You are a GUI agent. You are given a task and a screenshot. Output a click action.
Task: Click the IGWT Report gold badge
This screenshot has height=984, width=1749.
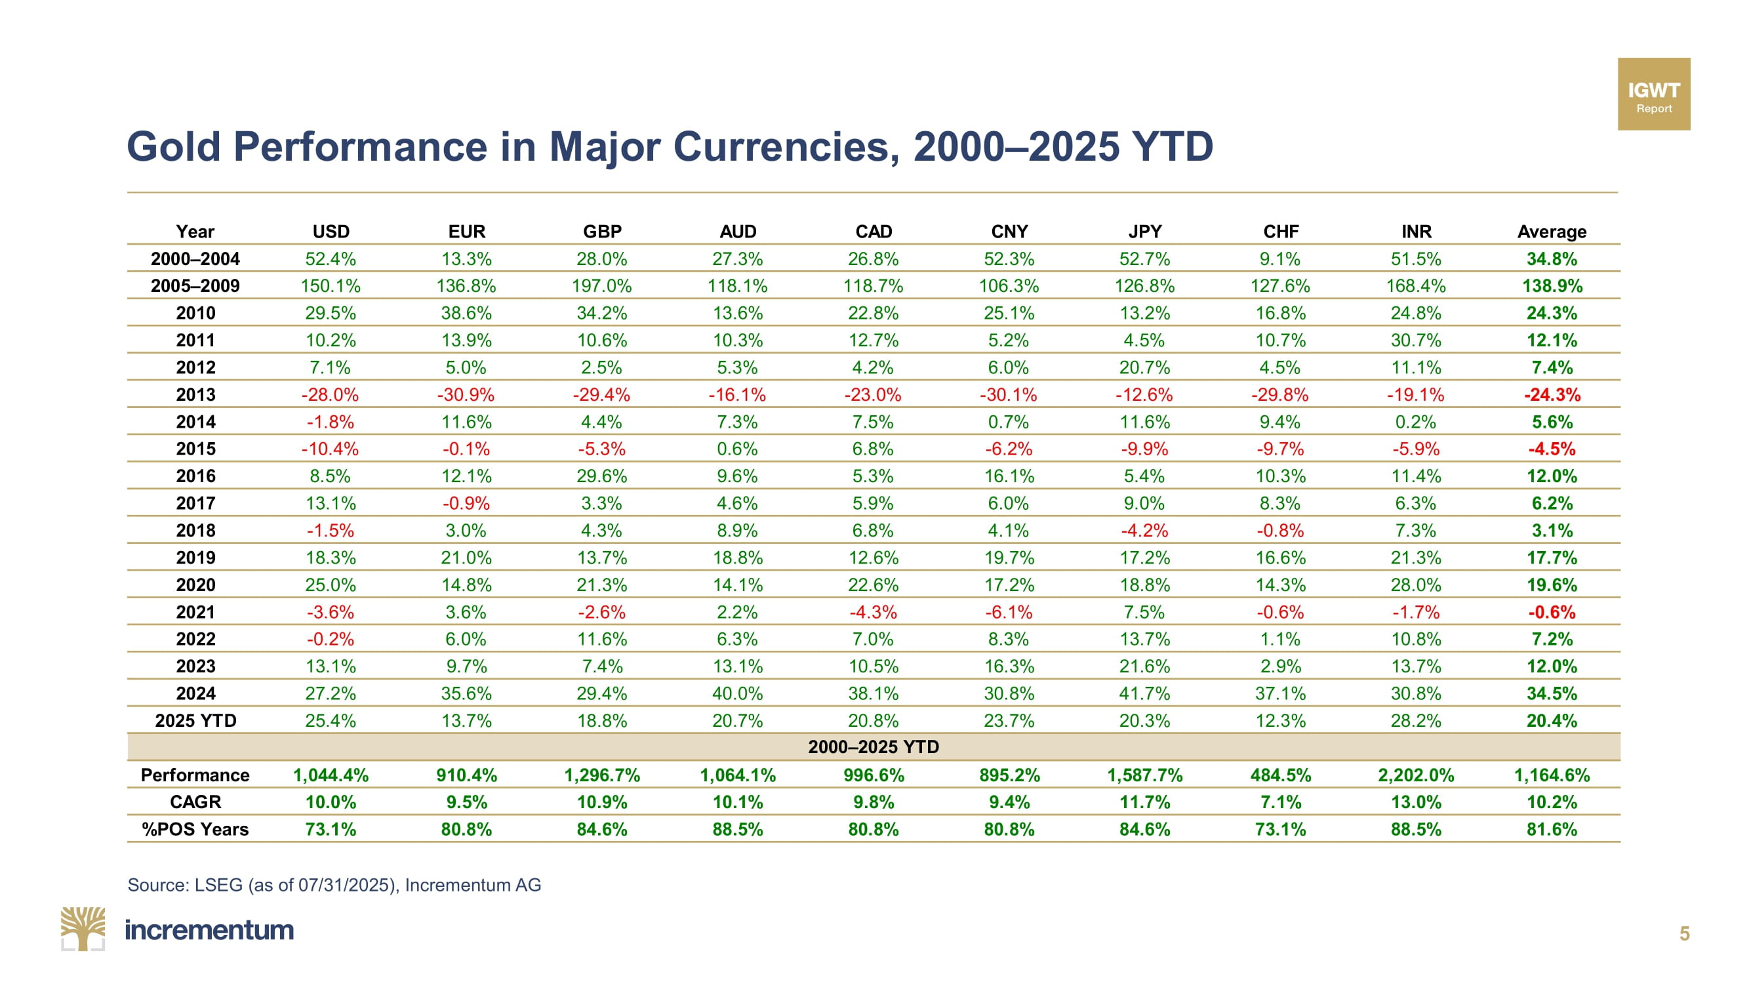[x=1653, y=94]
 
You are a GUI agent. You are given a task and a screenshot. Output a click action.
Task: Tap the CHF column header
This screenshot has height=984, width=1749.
[x=1281, y=232]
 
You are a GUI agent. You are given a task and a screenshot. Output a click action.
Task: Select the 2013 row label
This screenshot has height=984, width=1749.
[x=195, y=394]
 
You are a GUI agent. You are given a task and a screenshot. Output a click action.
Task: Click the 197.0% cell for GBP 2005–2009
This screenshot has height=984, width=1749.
[x=601, y=286]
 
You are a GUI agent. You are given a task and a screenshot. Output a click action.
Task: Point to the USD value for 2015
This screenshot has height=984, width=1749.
[x=330, y=449]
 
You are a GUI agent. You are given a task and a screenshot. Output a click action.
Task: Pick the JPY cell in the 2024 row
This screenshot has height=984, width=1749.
[x=1145, y=693]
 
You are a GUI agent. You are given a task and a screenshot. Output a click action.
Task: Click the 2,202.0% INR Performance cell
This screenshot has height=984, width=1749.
[x=1416, y=775]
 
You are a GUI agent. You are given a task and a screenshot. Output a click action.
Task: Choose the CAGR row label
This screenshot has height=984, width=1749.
[x=195, y=802]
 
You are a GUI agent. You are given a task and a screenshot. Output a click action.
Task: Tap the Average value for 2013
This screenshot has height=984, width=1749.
[x=1552, y=394]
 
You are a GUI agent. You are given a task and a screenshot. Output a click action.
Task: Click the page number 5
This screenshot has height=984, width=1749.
[x=1685, y=933]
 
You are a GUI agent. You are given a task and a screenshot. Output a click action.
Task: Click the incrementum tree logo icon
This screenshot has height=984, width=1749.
[x=83, y=928]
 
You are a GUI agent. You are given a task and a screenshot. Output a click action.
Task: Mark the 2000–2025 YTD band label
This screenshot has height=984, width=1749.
[x=873, y=747]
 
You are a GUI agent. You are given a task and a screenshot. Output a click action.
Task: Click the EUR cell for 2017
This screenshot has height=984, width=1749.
[x=466, y=503]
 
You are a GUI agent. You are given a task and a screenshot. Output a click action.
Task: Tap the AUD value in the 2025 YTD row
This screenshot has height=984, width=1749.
[x=737, y=720]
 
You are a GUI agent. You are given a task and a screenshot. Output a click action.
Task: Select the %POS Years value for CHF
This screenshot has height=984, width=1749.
[x=1281, y=829]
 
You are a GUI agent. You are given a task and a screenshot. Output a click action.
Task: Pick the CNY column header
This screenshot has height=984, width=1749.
[x=1009, y=232]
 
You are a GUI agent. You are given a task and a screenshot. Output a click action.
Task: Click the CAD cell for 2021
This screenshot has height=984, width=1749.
[x=873, y=612]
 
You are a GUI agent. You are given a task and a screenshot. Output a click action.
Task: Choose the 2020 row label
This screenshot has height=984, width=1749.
[x=195, y=584]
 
